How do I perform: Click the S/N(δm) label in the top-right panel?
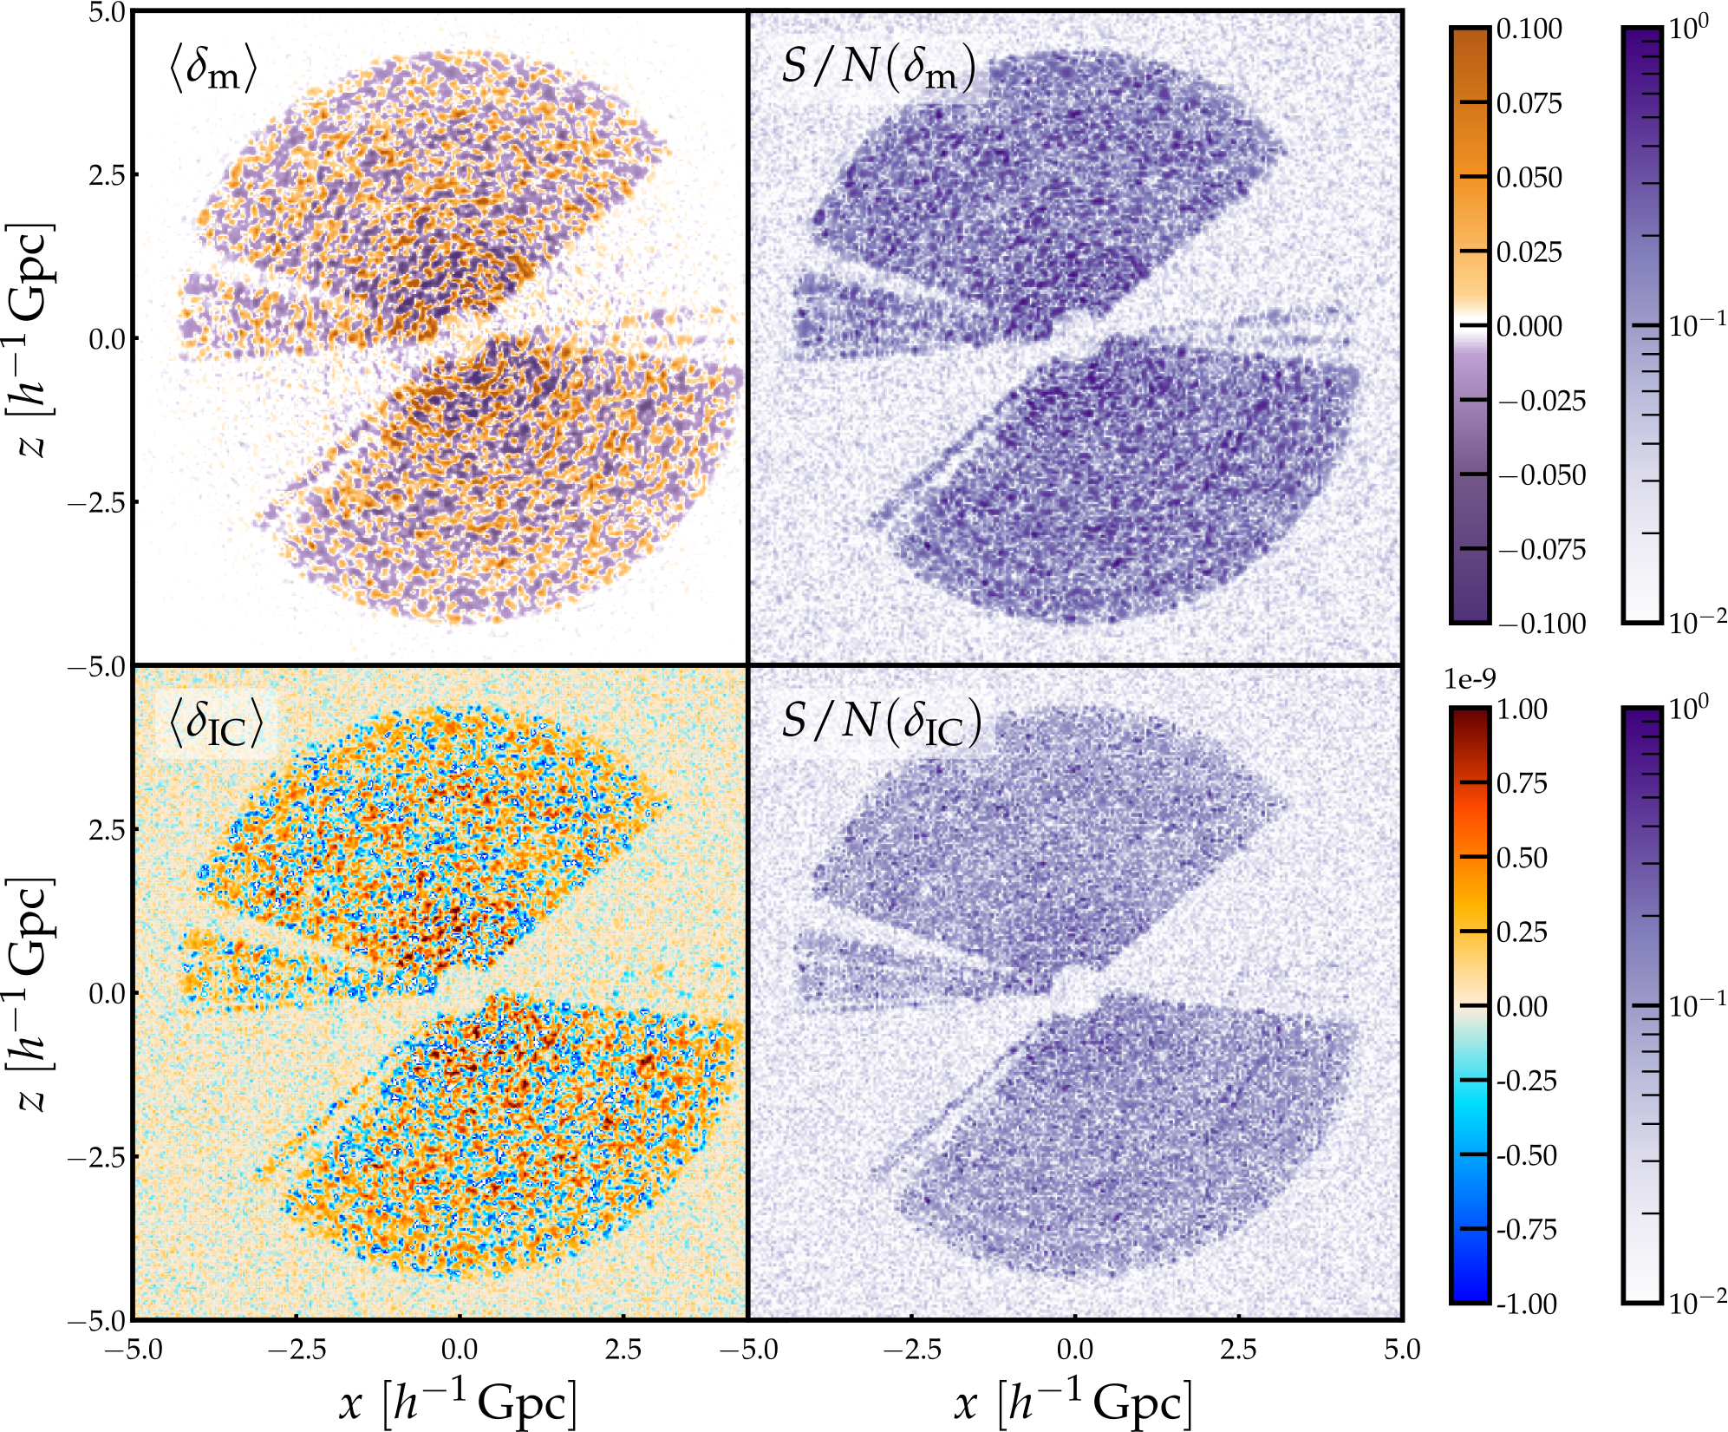click(x=877, y=68)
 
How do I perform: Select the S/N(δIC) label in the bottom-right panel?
click(x=881, y=723)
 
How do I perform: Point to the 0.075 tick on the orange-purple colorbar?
click(x=1529, y=103)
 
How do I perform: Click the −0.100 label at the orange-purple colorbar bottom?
click(x=1541, y=624)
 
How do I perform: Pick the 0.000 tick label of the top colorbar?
click(x=1529, y=326)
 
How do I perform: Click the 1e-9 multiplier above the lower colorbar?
click(x=1470, y=679)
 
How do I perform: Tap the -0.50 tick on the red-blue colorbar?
click(x=1526, y=1155)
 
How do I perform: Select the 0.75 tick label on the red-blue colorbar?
click(x=1522, y=783)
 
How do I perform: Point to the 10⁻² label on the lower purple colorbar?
click(x=1697, y=1300)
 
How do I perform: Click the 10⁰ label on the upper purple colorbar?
click(x=1688, y=28)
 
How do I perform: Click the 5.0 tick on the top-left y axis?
click(x=107, y=12)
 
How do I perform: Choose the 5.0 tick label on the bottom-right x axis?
click(x=1402, y=1350)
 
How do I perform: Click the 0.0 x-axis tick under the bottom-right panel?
click(x=1074, y=1350)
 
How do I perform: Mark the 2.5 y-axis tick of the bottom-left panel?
click(x=107, y=829)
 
